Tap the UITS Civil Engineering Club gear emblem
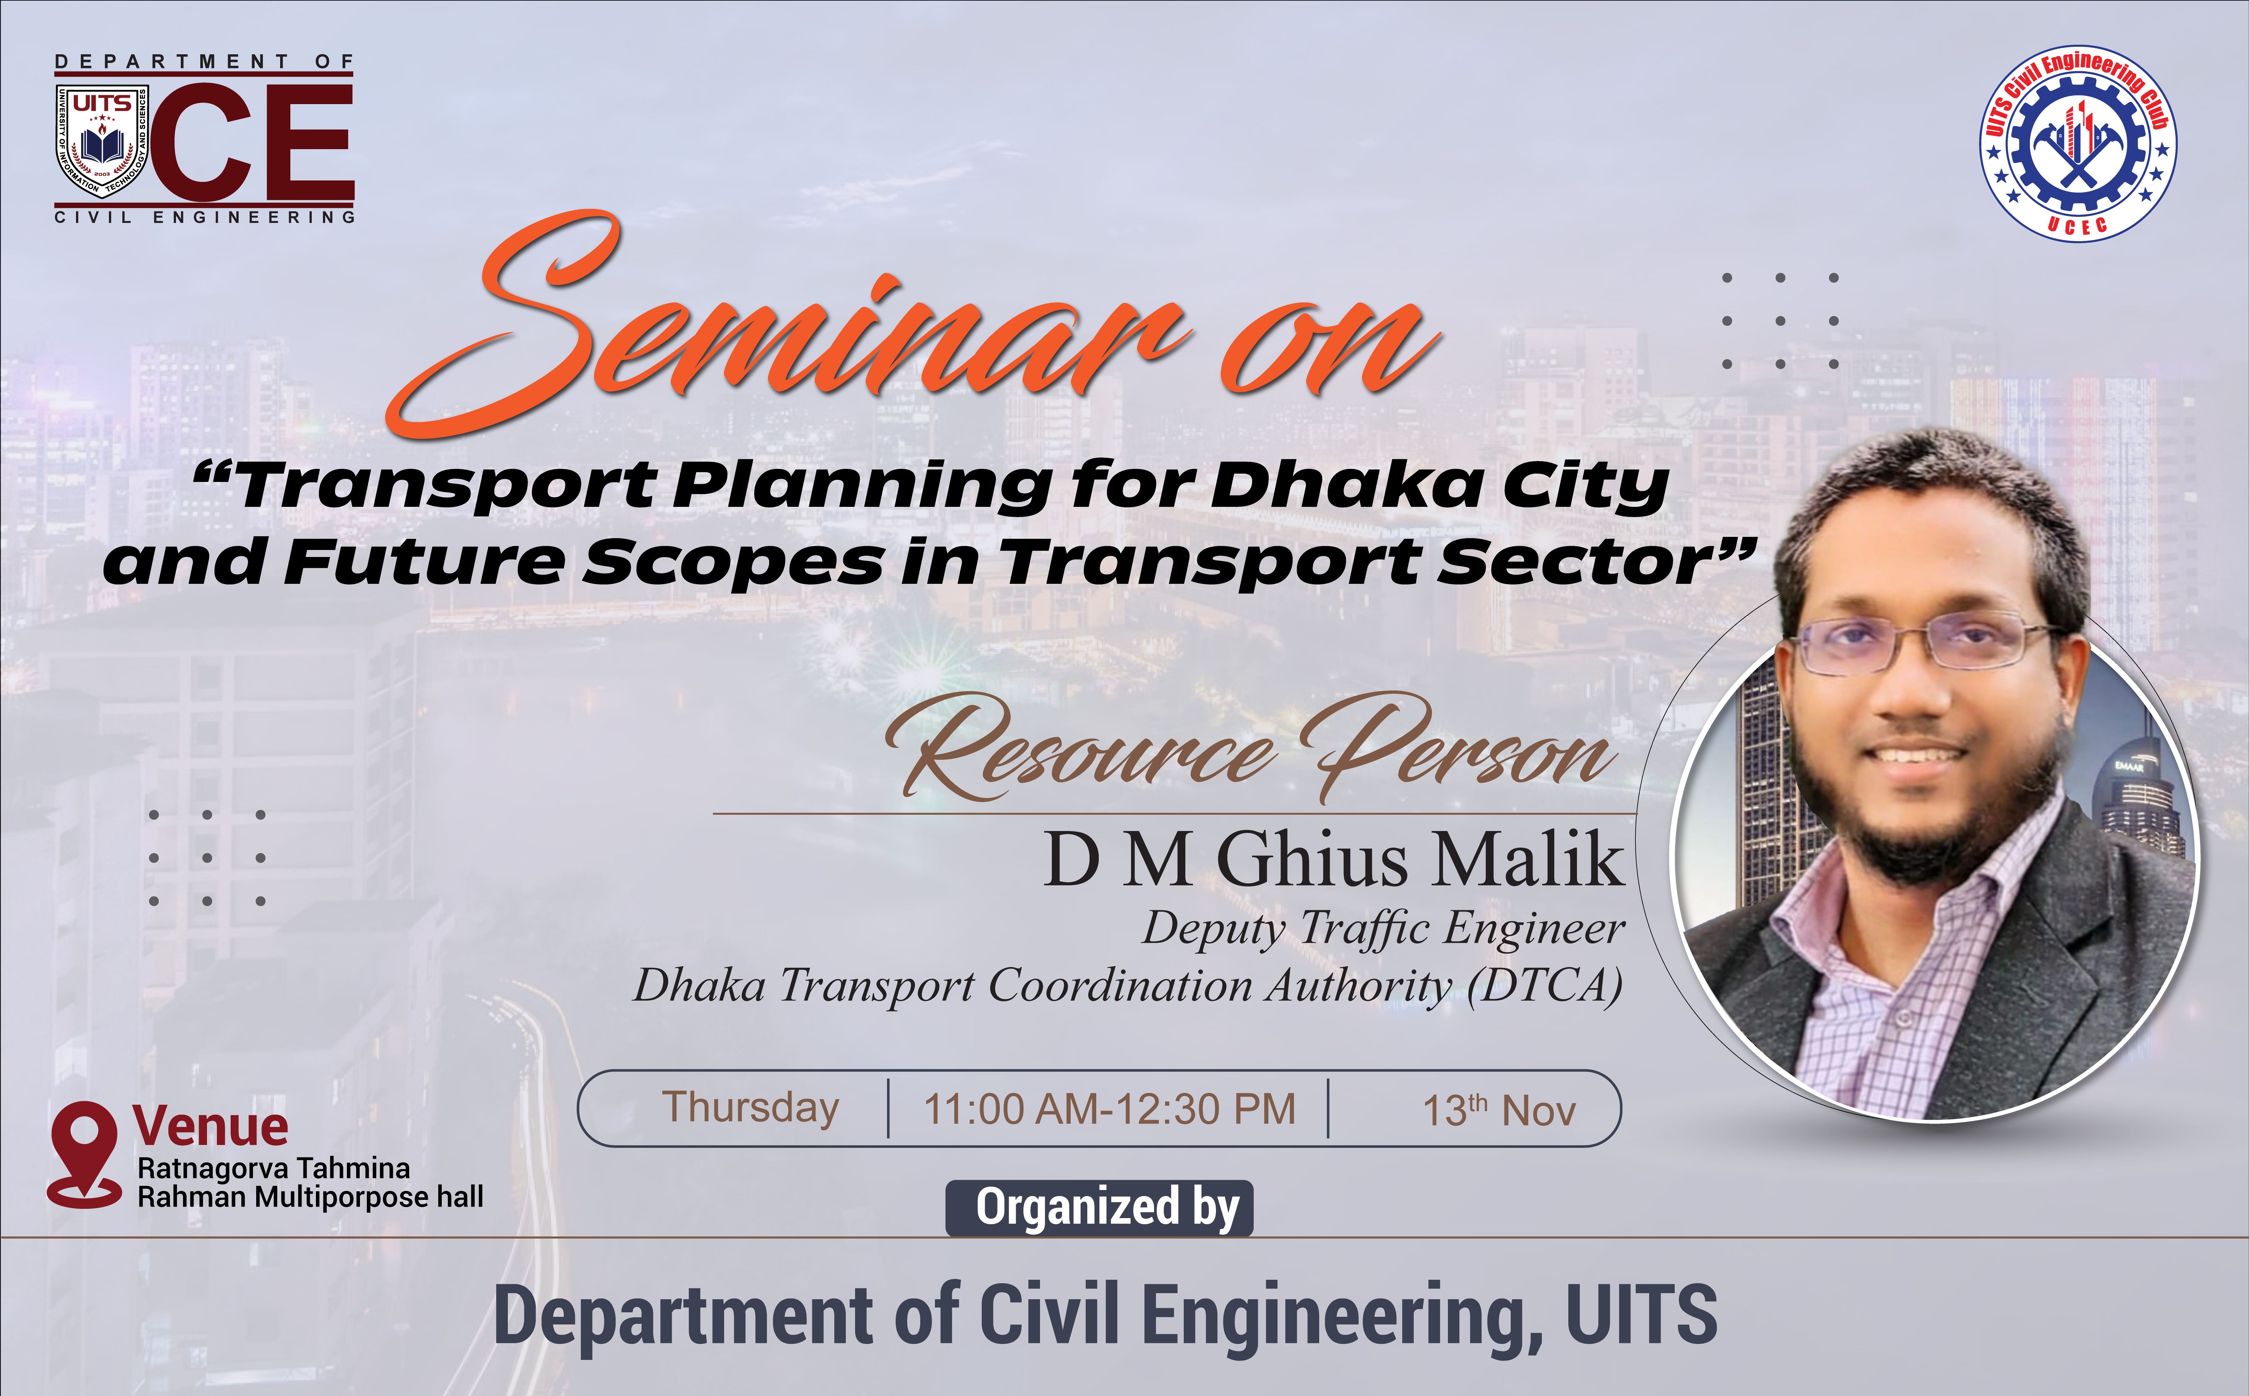(x=2077, y=143)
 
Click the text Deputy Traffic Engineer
(x=1383, y=928)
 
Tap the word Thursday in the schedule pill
(x=751, y=1108)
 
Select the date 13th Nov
(x=1498, y=1110)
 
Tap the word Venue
(x=210, y=1126)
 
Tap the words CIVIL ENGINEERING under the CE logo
(x=205, y=217)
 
